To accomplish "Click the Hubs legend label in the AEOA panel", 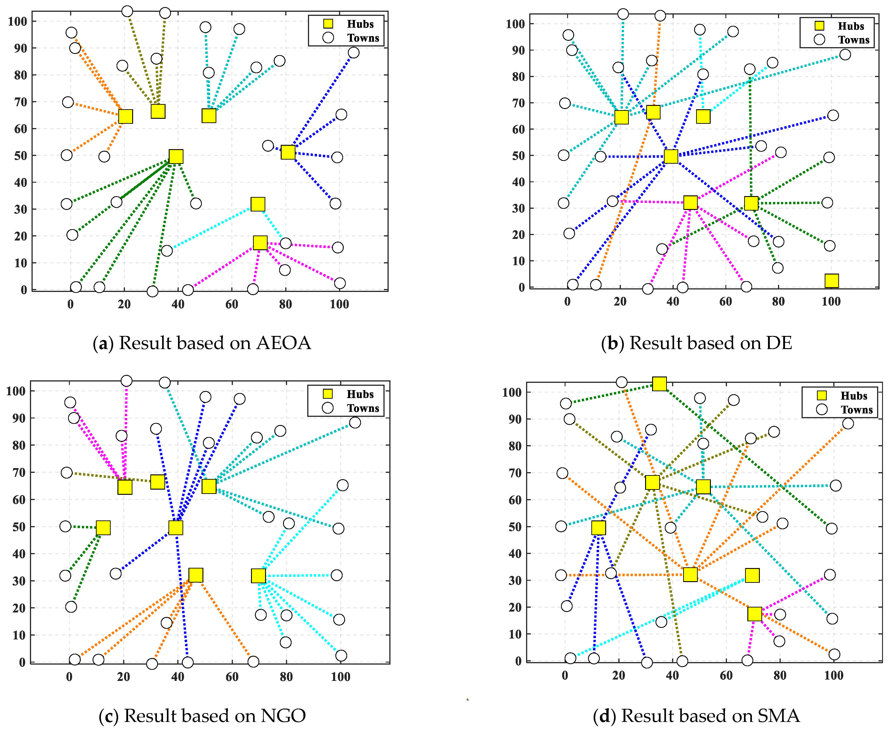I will pyautogui.click(x=360, y=24).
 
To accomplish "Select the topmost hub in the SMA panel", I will pyautogui.click(x=659, y=384).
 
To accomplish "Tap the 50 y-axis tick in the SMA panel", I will pyautogui.click(x=515, y=527).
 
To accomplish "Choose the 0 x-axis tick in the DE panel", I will pyautogui.click(x=567, y=301).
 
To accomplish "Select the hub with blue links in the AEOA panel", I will pyautogui.click(x=288, y=152).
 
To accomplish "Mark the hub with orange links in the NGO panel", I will pyautogui.click(x=195, y=575).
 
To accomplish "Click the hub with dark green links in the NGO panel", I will pyautogui.click(x=103, y=528).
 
